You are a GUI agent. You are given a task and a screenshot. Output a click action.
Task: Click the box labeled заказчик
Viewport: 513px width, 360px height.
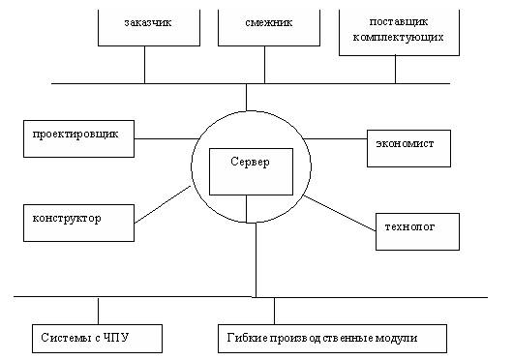click(x=144, y=23)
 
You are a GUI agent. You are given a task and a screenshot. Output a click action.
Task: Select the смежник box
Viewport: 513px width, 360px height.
click(x=256, y=23)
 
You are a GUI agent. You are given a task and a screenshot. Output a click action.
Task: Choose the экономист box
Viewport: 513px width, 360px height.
click(x=406, y=145)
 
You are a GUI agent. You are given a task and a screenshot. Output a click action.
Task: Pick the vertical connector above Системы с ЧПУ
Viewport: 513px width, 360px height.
click(x=99, y=310)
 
